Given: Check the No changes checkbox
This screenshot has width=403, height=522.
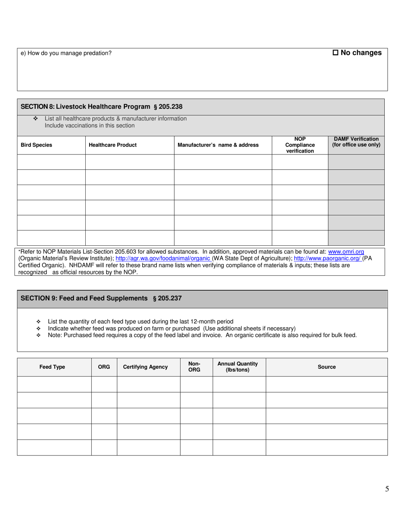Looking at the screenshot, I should click(335, 53).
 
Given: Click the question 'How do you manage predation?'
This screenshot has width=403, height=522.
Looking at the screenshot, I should click(66, 53).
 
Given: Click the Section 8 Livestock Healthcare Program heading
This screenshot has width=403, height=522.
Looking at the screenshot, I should click(101, 107).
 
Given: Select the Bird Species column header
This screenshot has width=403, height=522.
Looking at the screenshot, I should click(36, 145).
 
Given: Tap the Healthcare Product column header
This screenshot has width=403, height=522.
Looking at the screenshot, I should click(112, 145).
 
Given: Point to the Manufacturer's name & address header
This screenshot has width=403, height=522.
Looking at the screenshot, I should click(218, 145).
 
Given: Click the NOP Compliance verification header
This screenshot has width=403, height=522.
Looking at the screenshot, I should click(300, 145).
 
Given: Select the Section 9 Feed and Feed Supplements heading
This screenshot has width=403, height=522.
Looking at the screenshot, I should click(101, 298).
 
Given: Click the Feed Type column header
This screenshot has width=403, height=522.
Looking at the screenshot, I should click(52, 367).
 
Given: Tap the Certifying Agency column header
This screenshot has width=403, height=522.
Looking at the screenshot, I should click(145, 367).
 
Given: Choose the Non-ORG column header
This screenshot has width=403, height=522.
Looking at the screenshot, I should click(194, 367).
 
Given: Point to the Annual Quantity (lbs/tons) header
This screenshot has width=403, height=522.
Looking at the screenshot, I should click(238, 367).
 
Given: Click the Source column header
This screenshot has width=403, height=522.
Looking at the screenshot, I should click(326, 367).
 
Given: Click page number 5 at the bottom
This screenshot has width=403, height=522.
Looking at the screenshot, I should click(386, 489).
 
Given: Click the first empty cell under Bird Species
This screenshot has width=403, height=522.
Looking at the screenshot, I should click(51, 162).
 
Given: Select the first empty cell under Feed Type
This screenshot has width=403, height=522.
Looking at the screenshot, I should click(54, 384).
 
